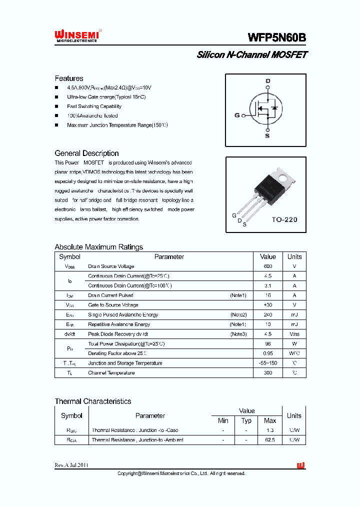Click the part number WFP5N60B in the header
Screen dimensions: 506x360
coord(276,37)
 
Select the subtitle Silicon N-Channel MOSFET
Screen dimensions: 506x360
coord(251,54)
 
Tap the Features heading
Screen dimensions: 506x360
coord(69,78)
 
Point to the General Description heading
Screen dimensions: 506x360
coord(86,153)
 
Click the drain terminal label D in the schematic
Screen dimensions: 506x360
coord(267,81)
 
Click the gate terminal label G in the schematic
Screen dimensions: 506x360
coord(237,115)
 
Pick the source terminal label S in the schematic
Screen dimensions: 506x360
coord(267,135)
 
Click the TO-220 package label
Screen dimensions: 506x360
coord(284,219)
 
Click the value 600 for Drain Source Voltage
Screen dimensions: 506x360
coord(268,266)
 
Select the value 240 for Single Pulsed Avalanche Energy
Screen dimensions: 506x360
coord(268,315)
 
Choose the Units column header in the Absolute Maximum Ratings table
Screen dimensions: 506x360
coord(294,256)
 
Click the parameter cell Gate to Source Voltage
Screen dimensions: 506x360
coord(113,305)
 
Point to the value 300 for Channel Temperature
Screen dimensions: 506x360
coord(268,373)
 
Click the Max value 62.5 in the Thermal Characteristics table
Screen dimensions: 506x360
coord(270,440)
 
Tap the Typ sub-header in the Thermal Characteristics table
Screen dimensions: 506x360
coord(246,421)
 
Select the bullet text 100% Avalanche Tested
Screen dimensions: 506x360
coord(92,116)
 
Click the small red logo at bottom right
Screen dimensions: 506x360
coord(300,465)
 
